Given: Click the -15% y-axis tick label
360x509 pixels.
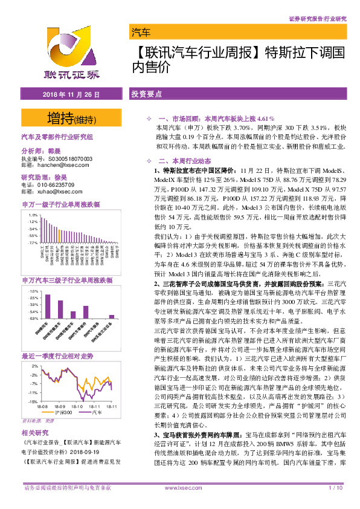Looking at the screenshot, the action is (x=33, y=400).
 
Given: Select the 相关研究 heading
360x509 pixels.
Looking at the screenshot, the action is (x=34, y=433).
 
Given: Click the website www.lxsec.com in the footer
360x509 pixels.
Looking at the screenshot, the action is (x=179, y=503).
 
